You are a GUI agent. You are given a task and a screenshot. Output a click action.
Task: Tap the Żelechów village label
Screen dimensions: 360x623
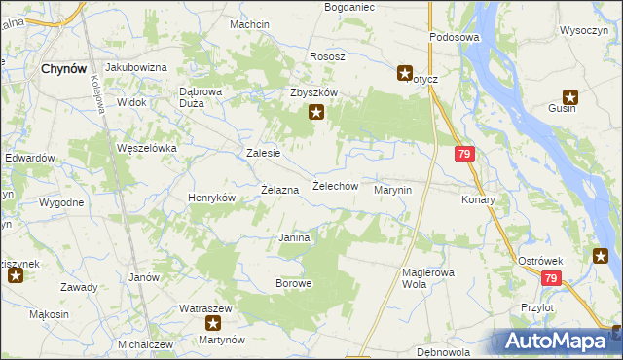336,186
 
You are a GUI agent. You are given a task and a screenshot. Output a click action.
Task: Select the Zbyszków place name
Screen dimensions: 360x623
313,92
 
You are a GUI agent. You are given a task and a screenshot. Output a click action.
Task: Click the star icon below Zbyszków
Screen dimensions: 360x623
316,113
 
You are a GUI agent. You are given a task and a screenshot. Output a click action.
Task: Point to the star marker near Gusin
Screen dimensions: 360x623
570,97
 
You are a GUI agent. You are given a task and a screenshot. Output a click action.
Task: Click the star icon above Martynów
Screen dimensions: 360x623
213,322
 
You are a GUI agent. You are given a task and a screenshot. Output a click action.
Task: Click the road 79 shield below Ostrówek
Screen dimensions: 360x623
552,279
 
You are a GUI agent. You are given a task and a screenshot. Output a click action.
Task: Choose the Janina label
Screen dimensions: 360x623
294,237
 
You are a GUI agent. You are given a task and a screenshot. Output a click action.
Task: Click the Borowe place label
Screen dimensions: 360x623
293,284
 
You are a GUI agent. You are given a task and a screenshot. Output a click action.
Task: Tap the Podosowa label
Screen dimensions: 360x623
456,37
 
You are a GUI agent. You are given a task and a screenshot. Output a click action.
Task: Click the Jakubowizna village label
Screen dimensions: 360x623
136,67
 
